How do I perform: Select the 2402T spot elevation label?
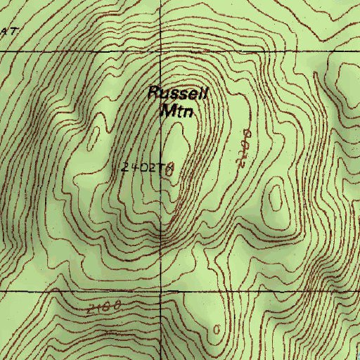pyautogui.click(x=144, y=167)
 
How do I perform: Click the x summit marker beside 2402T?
pyautogui.click(x=169, y=168)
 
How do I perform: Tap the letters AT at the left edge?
pyautogui.click(x=8, y=32)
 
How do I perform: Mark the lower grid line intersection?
pyautogui.click(x=160, y=290)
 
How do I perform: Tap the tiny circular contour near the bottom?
pyautogui.click(x=217, y=329)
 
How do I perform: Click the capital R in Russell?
pyautogui.click(x=155, y=93)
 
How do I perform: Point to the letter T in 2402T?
pyautogui.click(x=162, y=167)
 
